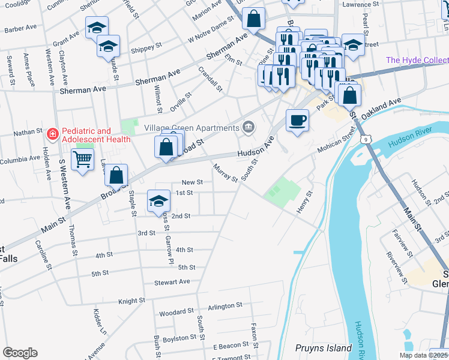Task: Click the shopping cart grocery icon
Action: point(83,160)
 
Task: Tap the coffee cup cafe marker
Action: point(297,120)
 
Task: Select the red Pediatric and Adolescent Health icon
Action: point(53,133)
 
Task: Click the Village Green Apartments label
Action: point(191,128)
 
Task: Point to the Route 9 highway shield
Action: point(366,139)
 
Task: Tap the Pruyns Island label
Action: point(323,348)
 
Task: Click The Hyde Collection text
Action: point(417,60)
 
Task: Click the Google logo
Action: point(20,353)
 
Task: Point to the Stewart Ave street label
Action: point(172,281)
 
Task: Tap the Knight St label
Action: point(132,301)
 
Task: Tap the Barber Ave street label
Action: point(22,28)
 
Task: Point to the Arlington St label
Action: point(224,305)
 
